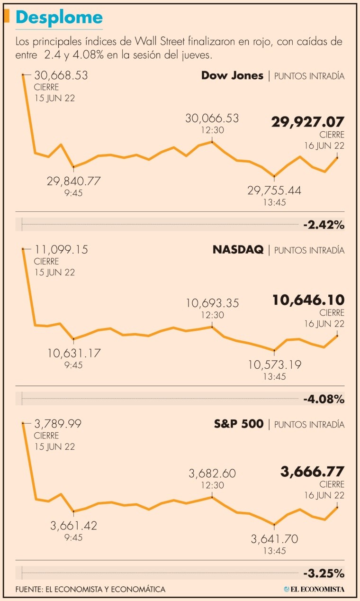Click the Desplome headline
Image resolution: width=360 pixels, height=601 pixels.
click(x=59, y=18)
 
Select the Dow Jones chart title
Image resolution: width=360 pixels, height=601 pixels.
click(x=232, y=75)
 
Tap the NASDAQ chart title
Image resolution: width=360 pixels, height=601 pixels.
click(x=238, y=250)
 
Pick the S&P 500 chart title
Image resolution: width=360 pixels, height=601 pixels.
click(x=239, y=424)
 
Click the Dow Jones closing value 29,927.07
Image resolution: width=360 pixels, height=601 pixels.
click(x=307, y=122)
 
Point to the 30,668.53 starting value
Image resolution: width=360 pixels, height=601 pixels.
click(x=61, y=75)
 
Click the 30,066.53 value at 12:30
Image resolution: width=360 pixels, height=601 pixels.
click(x=212, y=118)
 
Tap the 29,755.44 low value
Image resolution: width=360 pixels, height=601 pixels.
click(x=274, y=191)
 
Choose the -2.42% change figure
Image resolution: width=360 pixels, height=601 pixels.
click(x=324, y=225)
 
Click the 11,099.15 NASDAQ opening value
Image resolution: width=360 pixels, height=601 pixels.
click(x=61, y=250)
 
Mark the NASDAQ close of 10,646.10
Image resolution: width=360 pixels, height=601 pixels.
click(x=308, y=300)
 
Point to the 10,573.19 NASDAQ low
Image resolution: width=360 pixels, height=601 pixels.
click(x=274, y=364)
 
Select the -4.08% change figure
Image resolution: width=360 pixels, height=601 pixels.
click(x=324, y=399)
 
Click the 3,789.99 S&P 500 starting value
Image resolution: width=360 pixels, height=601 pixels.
click(x=58, y=424)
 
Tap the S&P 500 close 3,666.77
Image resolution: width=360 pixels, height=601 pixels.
click(x=312, y=472)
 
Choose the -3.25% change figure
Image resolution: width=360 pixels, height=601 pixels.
click(x=324, y=573)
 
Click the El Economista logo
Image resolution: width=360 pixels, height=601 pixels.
click(x=314, y=589)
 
